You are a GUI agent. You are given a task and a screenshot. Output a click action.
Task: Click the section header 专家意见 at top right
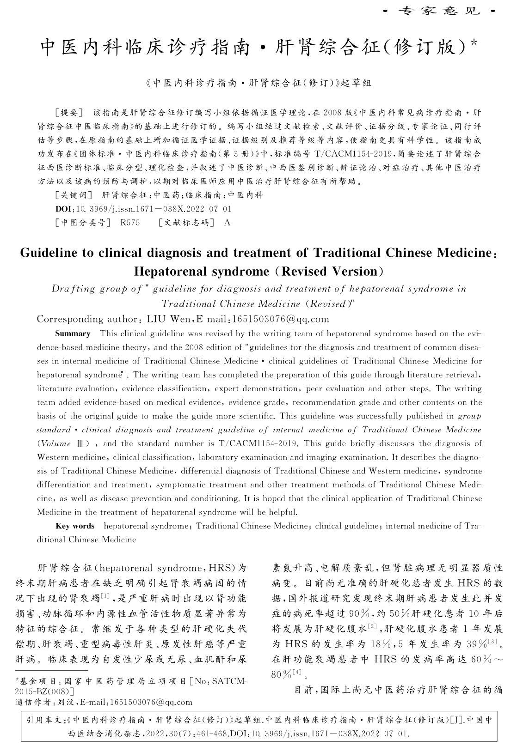(x=439, y=10)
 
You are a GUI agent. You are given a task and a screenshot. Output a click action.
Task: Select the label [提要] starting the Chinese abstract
(x=68, y=112)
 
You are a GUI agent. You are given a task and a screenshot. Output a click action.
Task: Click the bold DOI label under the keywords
(x=62, y=209)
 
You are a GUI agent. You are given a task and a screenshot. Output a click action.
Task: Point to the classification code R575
(x=130, y=223)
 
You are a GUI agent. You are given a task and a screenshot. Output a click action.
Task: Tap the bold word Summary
(x=73, y=334)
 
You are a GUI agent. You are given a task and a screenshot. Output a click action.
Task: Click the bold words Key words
(x=75, y=526)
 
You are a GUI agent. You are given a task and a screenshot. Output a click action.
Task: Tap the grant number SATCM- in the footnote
(x=229, y=681)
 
